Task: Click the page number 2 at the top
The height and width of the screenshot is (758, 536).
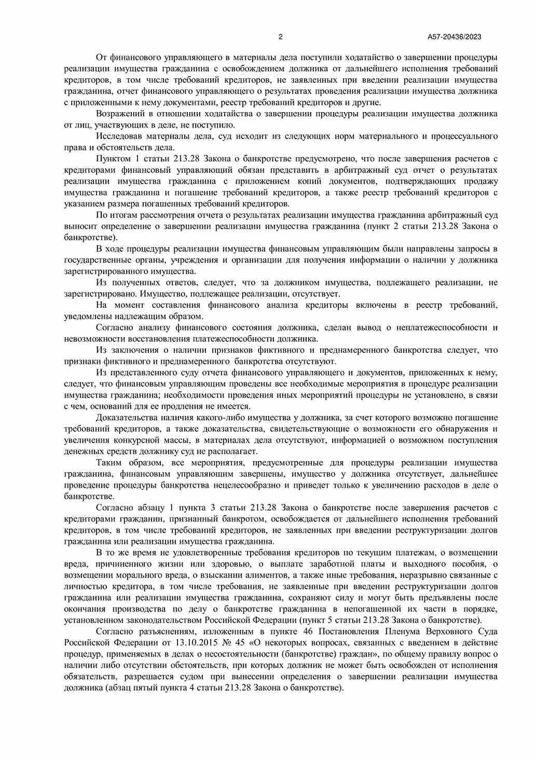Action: [280, 36]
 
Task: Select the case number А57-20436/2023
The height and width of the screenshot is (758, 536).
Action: [455, 36]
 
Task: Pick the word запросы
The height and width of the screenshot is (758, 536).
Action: [476, 249]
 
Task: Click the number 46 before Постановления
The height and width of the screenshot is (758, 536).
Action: [306, 631]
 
